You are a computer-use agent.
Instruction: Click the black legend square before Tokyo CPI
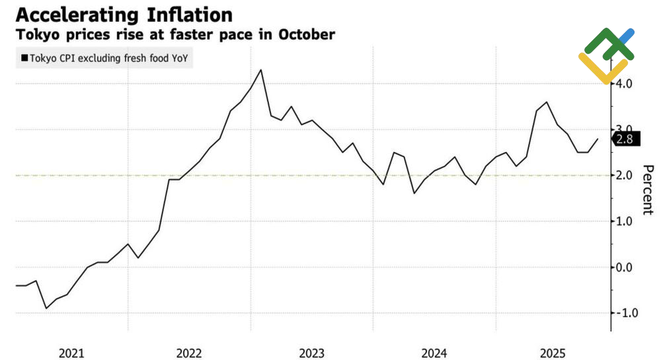tap(24, 58)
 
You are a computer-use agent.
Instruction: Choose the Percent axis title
tap(648, 190)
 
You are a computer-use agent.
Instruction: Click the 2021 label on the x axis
tap(71, 353)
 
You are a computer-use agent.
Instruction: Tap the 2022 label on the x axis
tap(190, 353)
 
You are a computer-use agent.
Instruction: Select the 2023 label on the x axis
tap(312, 353)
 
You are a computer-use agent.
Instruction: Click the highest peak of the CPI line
tap(261, 69)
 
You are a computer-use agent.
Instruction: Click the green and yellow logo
tap(605, 55)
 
